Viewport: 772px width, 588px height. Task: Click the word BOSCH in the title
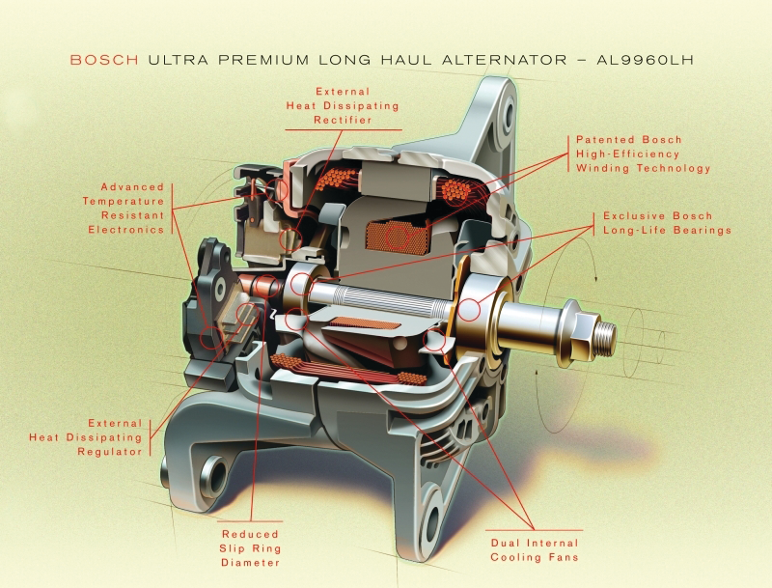click(104, 60)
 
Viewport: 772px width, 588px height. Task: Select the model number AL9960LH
click(645, 60)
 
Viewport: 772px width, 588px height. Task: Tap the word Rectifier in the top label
click(343, 120)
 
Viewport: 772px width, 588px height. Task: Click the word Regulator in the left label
click(110, 452)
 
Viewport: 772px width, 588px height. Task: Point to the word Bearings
click(703, 230)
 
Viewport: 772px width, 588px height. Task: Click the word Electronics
click(126, 230)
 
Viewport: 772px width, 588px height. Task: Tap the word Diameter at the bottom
click(250, 562)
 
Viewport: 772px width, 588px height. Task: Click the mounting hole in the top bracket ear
click(509, 114)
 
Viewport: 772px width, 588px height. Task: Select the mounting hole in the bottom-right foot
click(431, 522)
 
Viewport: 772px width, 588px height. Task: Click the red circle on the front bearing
click(470, 310)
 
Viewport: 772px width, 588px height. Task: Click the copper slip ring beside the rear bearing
click(266, 286)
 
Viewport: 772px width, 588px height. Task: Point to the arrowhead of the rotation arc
click(595, 277)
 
